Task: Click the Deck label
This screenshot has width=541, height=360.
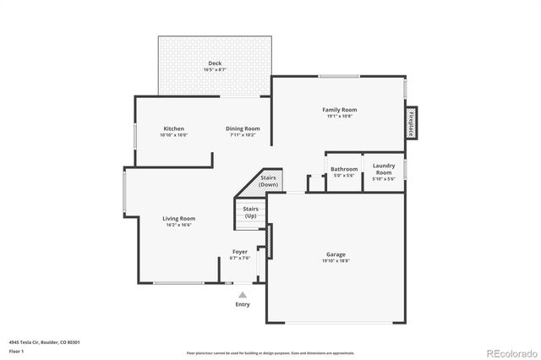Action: [x=215, y=64]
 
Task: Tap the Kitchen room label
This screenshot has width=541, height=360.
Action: [x=173, y=128]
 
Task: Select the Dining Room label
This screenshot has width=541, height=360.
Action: [x=242, y=128]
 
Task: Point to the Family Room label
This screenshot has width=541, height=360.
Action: [x=339, y=110]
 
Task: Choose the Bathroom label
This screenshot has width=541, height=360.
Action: [x=344, y=169]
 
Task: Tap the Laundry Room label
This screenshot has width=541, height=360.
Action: [x=384, y=169]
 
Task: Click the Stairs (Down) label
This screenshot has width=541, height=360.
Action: [x=269, y=181]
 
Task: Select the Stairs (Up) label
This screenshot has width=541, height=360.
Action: [x=250, y=212]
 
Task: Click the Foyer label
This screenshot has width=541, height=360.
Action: [x=240, y=252]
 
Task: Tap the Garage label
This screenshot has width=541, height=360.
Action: [x=336, y=254]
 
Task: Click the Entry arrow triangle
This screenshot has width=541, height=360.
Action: [x=243, y=295]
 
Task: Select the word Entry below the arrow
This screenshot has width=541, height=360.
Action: [x=243, y=304]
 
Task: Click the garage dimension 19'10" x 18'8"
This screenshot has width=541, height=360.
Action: [x=336, y=261]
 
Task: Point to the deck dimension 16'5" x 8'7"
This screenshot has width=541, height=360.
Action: [x=215, y=71]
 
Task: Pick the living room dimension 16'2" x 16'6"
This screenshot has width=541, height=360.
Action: [x=179, y=225]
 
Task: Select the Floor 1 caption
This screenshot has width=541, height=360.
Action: [x=16, y=350]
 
